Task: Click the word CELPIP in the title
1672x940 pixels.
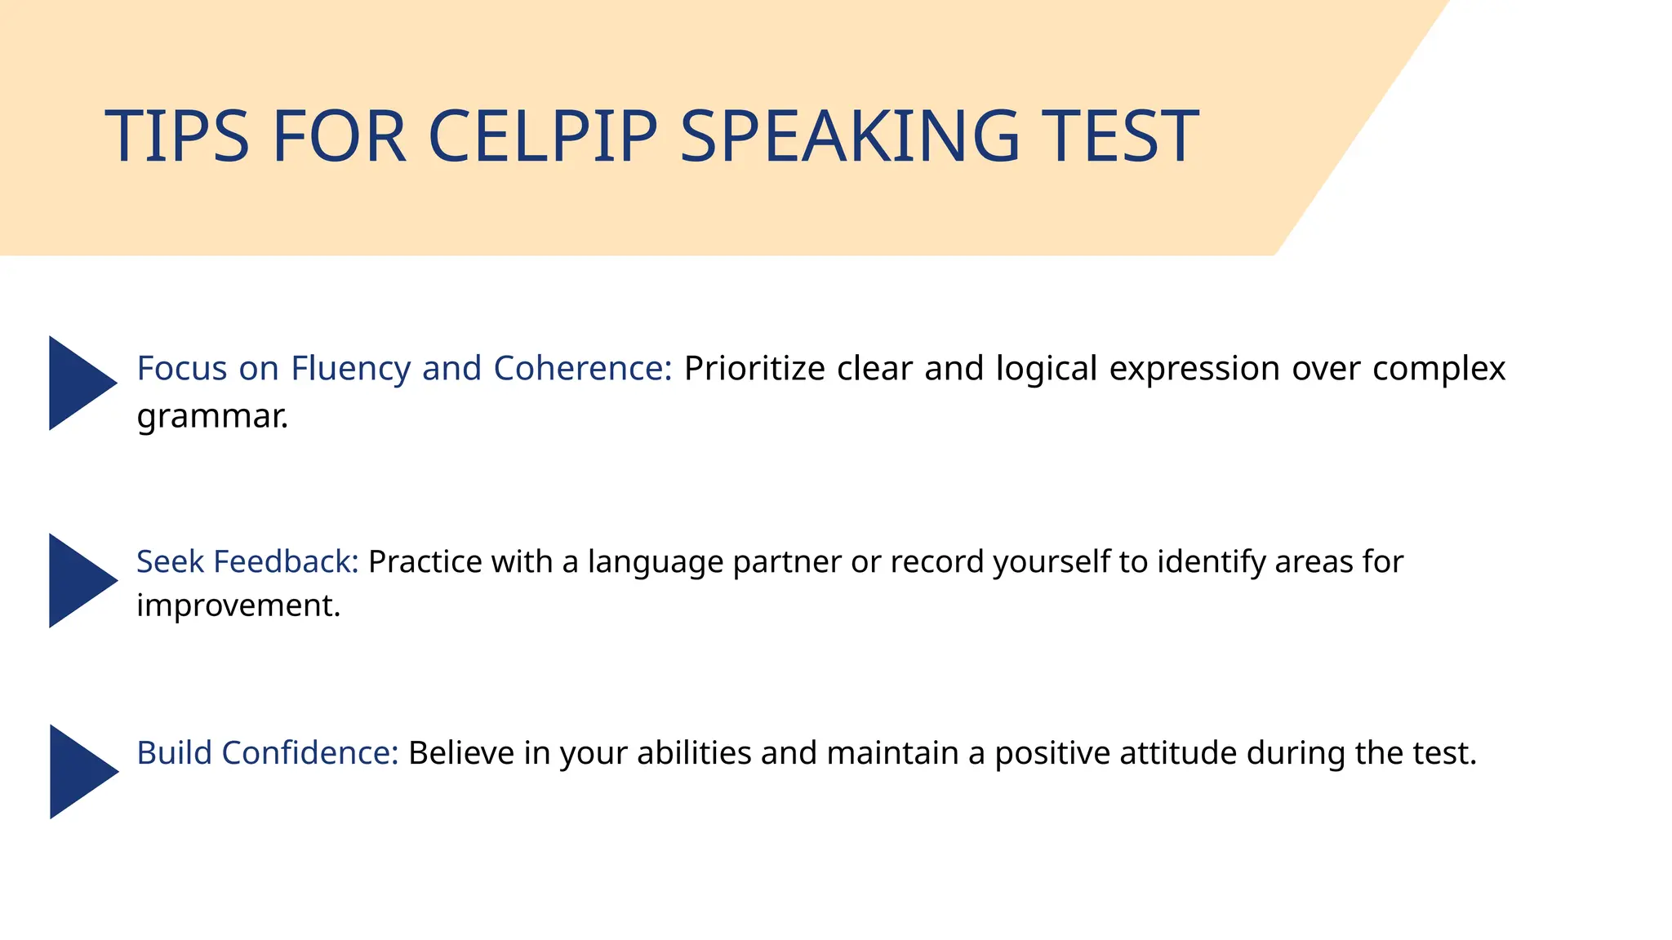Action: [x=542, y=136]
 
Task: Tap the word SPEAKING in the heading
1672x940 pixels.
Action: [x=850, y=136]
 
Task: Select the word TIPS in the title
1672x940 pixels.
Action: [x=176, y=136]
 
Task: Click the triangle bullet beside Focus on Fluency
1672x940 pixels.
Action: [x=80, y=383]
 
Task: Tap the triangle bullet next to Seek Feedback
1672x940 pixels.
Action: [x=80, y=580]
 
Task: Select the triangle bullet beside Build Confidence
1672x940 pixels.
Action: [x=81, y=771]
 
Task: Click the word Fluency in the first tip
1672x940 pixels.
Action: [x=351, y=368]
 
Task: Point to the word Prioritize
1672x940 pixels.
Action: [x=754, y=368]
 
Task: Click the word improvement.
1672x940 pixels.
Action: [x=238, y=605]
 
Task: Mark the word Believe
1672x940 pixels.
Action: [x=461, y=752]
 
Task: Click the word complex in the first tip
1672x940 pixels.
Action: [x=1439, y=368]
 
